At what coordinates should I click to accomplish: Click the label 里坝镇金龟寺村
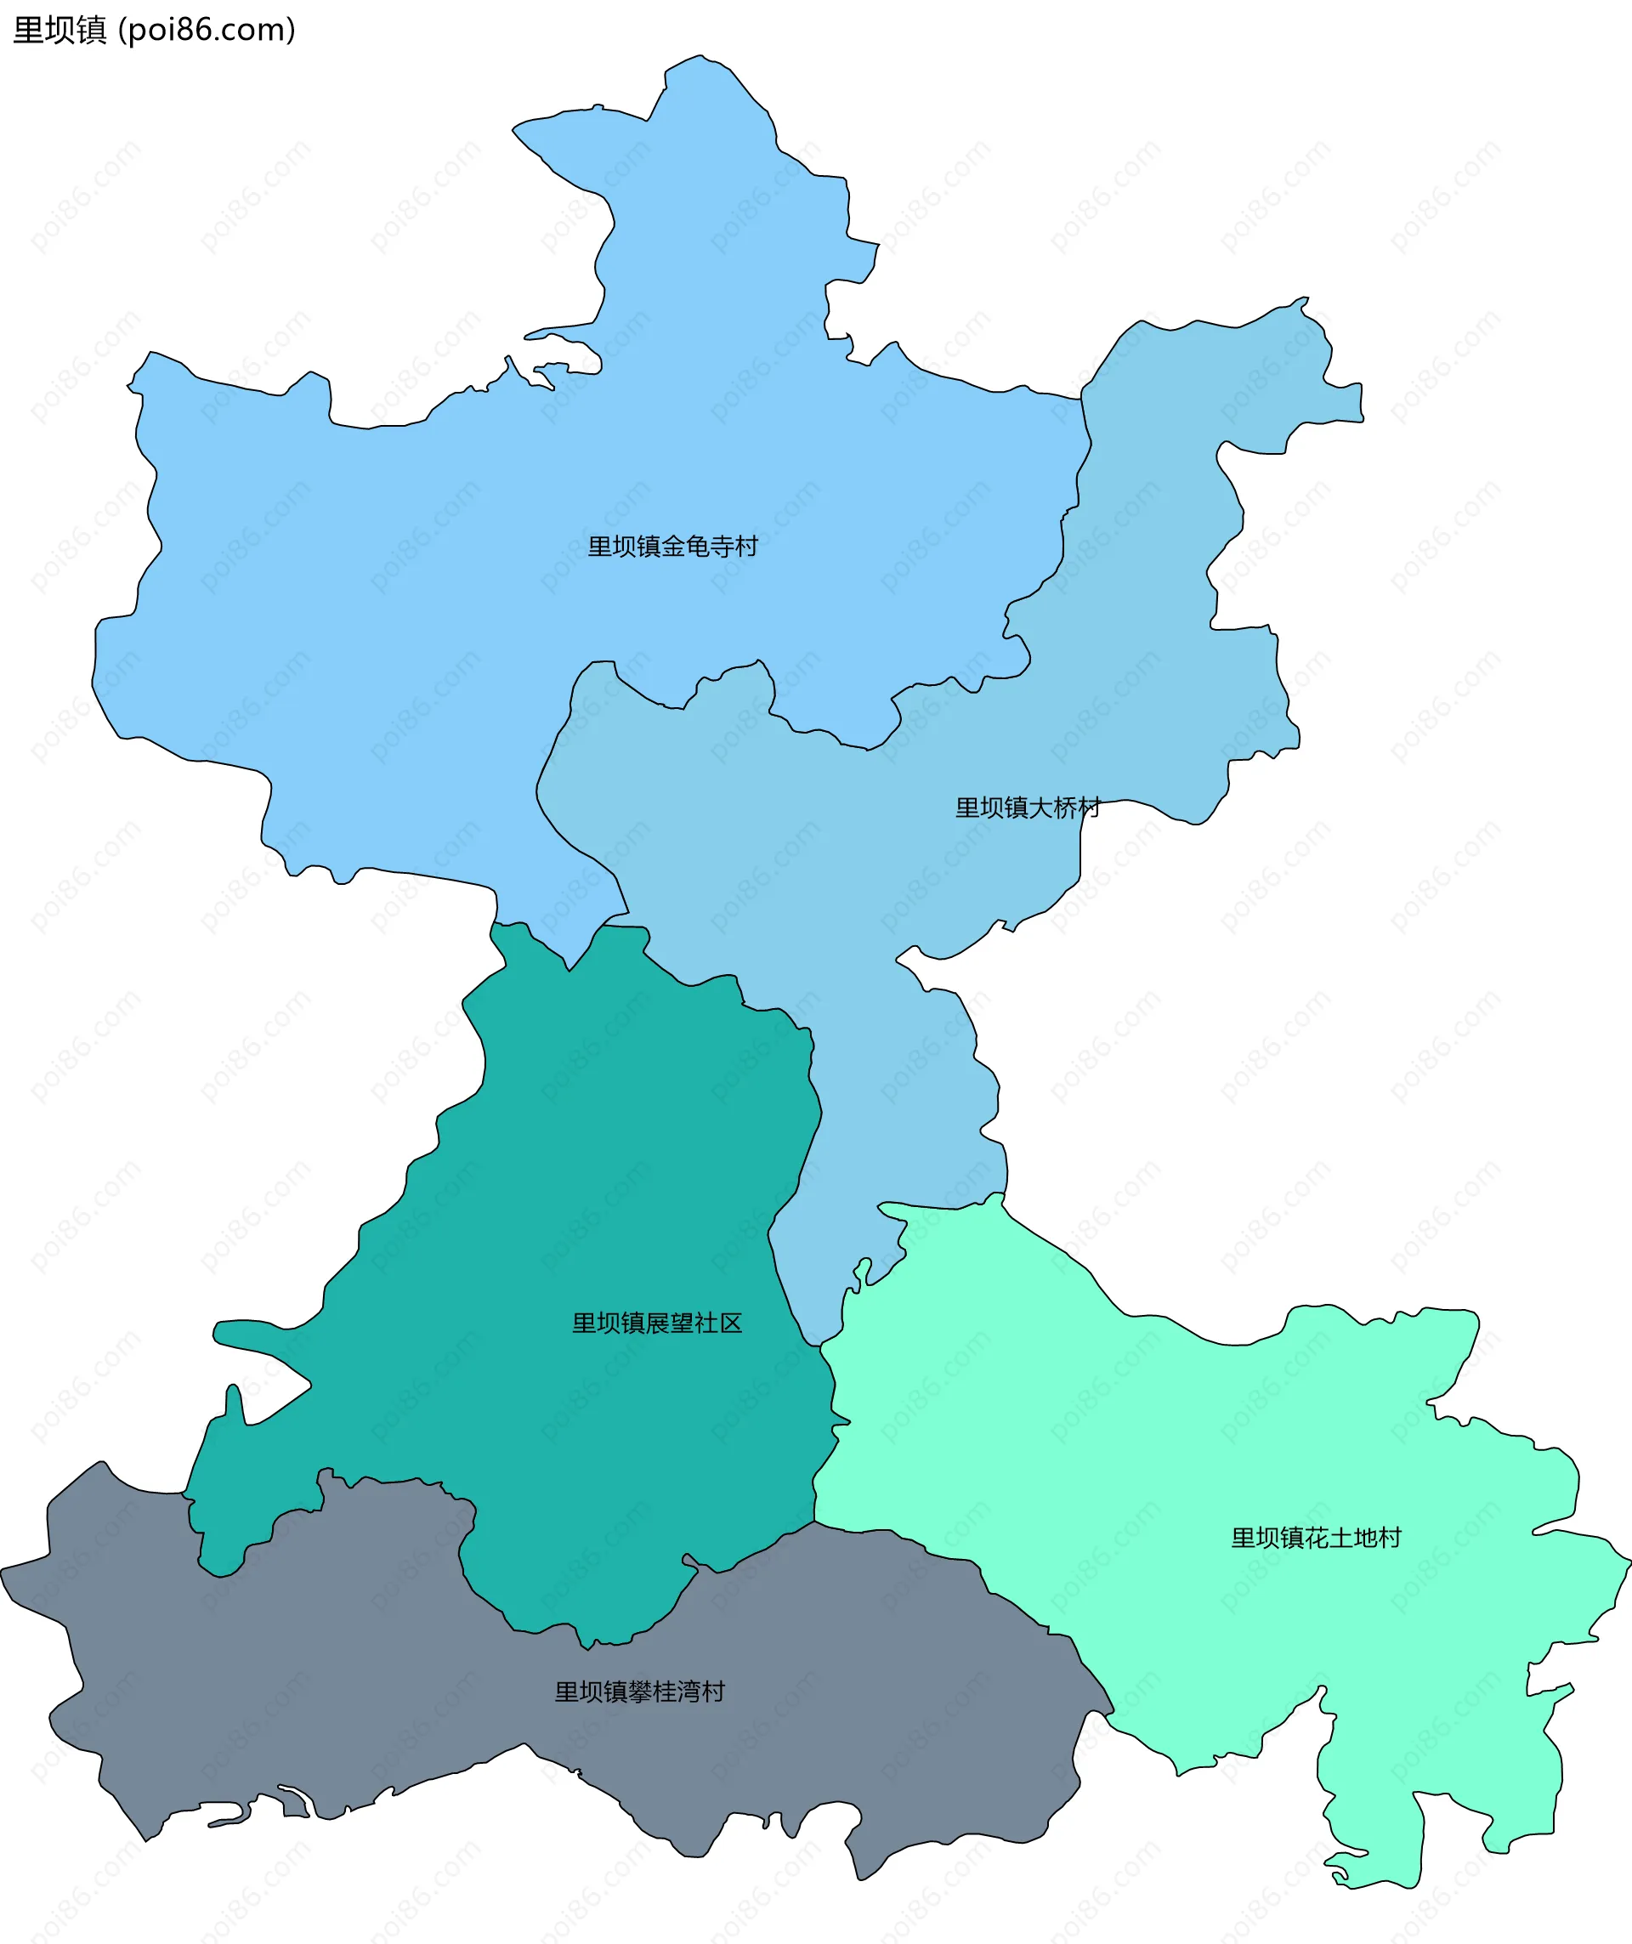click(673, 547)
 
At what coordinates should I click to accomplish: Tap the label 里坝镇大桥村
click(1028, 808)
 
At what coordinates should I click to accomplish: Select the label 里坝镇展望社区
click(657, 1323)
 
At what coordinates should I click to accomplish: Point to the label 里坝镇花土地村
click(1316, 1538)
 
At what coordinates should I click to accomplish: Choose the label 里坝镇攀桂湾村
click(640, 1692)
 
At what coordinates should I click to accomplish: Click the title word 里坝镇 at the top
click(60, 30)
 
